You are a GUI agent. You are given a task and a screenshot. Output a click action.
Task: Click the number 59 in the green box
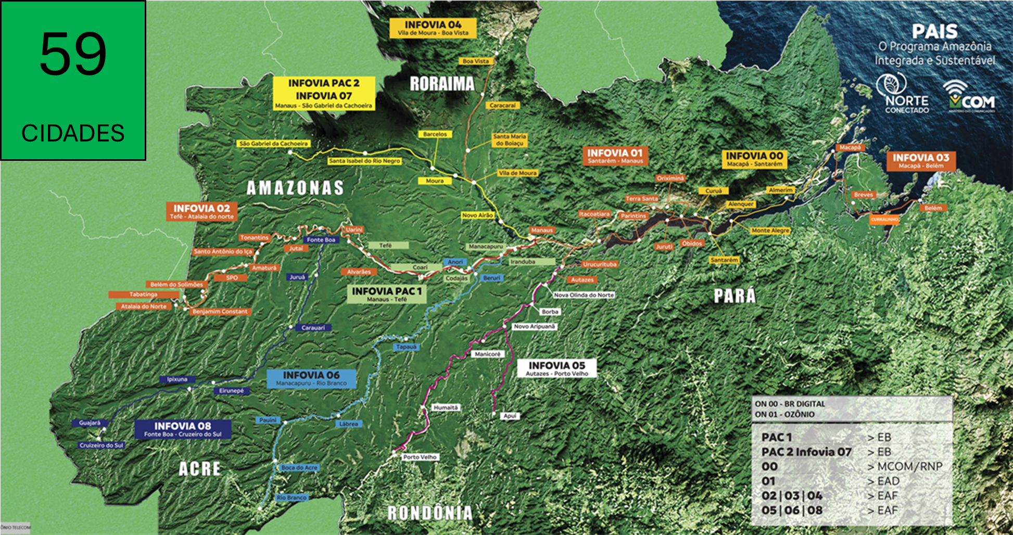73,54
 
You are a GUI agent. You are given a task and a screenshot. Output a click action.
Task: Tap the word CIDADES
73,134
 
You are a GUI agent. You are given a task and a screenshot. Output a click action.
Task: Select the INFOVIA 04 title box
433,28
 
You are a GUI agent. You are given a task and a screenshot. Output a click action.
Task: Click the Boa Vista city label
476,61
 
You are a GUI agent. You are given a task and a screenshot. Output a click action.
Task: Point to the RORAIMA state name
442,84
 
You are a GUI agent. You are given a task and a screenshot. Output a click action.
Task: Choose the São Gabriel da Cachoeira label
274,143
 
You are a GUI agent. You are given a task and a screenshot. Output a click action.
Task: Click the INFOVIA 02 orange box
202,211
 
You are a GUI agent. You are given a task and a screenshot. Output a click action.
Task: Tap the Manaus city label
542,230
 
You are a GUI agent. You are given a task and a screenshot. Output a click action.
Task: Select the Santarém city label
724,260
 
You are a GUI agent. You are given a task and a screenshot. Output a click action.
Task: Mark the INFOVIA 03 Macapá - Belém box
921,160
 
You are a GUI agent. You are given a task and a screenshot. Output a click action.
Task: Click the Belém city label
933,208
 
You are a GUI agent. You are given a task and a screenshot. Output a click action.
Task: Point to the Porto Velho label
420,457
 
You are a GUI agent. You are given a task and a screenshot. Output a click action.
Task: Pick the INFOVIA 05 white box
557,368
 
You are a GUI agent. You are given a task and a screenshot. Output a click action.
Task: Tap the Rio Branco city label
292,498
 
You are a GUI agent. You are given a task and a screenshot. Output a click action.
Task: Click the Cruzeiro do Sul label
102,445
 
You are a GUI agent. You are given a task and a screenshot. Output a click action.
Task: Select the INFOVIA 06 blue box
311,378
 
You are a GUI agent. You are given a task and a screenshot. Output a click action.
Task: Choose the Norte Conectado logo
906,94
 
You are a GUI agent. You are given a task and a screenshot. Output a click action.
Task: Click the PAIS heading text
934,32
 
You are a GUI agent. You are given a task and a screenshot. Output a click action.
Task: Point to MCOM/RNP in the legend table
910,466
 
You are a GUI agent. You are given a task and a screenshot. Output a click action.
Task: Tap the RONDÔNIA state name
430,513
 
